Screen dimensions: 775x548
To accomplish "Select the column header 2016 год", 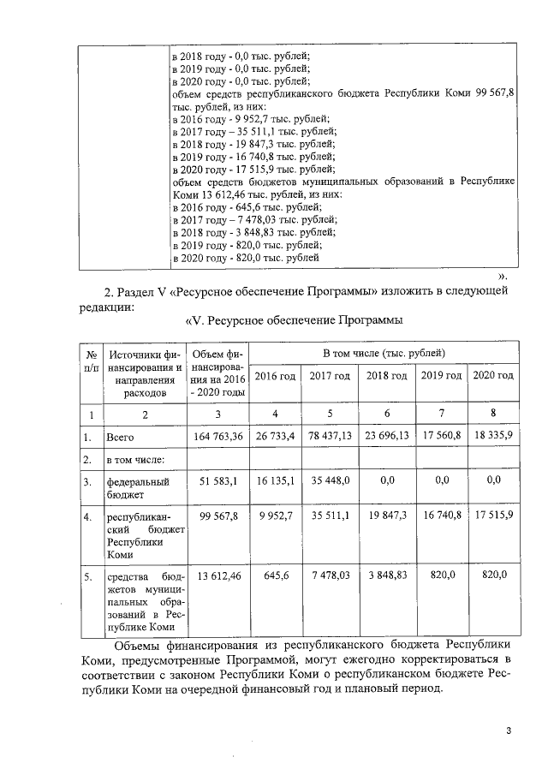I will [276, 376].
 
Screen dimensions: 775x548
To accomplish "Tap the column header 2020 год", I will [494, 376].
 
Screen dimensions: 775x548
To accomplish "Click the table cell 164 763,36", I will [217, 436].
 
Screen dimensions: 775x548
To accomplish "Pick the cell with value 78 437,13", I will [331, 436].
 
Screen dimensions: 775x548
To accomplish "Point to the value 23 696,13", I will [387, 436].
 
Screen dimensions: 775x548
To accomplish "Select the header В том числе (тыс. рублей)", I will [384, 352].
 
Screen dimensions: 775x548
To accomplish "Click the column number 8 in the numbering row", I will [494, 414].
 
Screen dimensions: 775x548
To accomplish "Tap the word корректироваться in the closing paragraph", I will [445, 660].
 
